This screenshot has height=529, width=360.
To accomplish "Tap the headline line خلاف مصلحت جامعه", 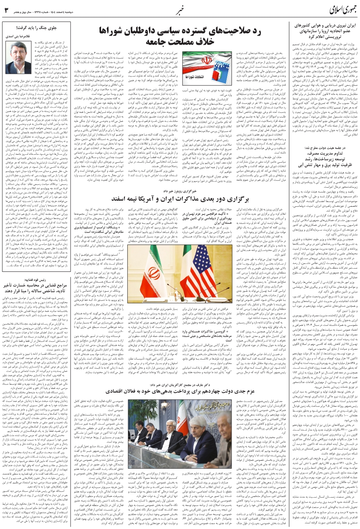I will (180, 41).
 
